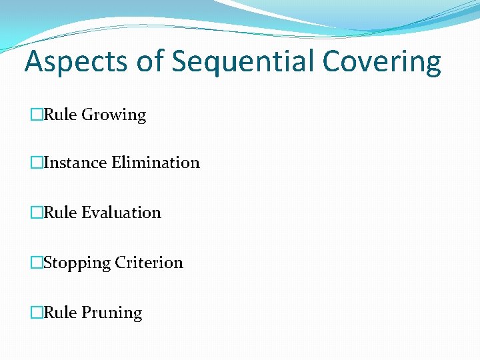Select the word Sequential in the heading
(244, 62)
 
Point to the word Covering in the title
(382, 62)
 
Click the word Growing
(113, 115)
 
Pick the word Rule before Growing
(61, 115)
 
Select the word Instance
(75, 163)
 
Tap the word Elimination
(155, 163)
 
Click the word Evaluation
(121, 213)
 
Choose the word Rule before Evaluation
(61, 213)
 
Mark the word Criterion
(149, 263)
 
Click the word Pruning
(112, 313)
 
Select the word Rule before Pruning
(61, 313)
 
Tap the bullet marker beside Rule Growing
(37, 115)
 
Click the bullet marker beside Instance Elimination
(37, 163)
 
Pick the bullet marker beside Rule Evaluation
(37, 213)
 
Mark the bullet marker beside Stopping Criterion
(37, 263)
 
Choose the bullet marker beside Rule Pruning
(37, 313)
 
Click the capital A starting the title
(33, 62)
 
